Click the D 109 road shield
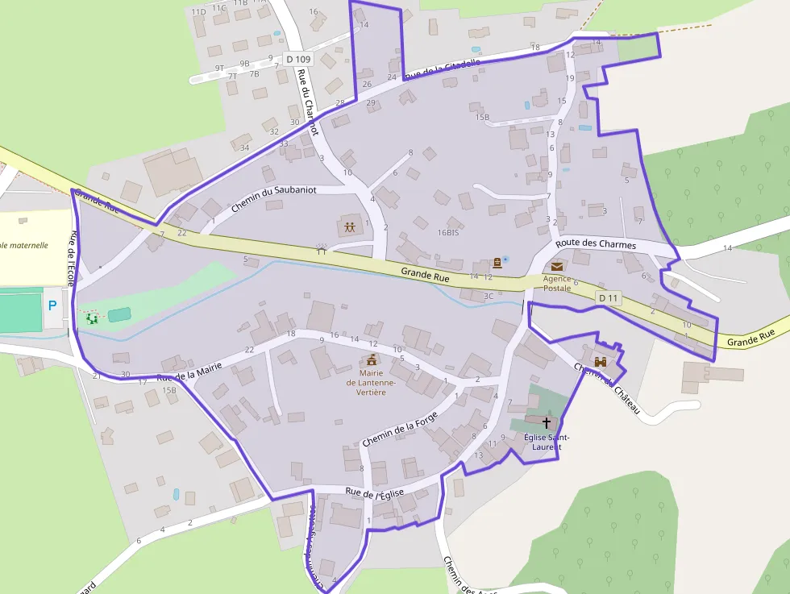297,59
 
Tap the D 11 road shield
610,298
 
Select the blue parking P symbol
52,305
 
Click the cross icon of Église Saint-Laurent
547,422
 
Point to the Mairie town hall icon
372,359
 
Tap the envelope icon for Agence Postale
557,266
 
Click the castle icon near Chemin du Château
600,363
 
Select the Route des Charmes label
596,245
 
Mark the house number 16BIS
448,232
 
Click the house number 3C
489,296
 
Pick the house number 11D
198,11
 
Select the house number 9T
219,69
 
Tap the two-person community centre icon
349,227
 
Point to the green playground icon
92,318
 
